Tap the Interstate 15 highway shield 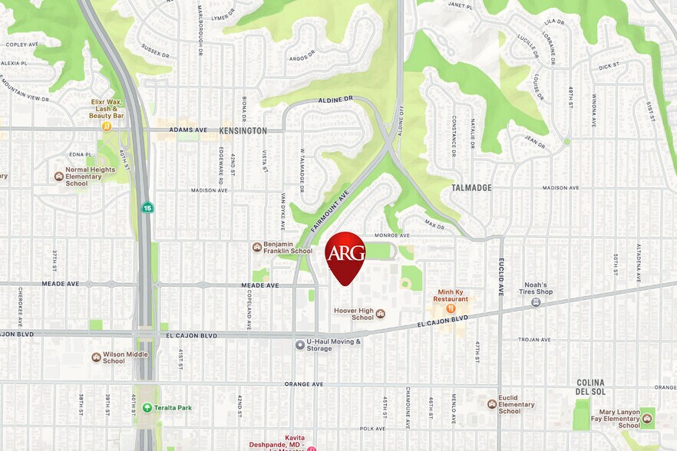pos(147,207)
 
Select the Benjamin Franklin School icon pos(257,247)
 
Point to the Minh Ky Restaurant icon pos(451,308)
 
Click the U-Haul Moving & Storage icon pos(300,344)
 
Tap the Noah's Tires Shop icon pos(536,302)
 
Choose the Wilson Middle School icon pos(96,357)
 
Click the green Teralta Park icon pos(147,407)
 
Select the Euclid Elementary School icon pos(492,403)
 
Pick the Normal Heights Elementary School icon pos(59,176)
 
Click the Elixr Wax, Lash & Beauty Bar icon pos(107,126)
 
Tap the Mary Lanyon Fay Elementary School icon pos(647,418)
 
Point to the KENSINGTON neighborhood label pos(243,131)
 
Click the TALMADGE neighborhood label pos(471,188)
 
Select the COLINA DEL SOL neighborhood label pos(590,387)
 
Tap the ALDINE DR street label pos(337,100)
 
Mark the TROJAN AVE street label pos(534,339)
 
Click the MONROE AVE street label pos(391,235)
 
